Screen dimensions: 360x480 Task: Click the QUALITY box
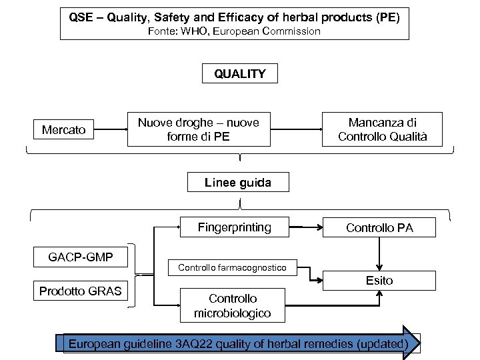[239, 74]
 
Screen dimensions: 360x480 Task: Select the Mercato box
[63, 130]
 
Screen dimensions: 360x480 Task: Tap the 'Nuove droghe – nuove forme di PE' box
[199, 129]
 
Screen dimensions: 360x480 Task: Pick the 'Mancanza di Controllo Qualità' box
[382, 129]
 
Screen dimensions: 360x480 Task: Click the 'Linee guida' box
[238, 182]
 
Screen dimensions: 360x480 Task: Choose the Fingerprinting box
[235, 227]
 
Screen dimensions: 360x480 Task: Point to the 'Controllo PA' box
[379, 228]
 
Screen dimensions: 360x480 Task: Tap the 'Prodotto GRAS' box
[80, 291]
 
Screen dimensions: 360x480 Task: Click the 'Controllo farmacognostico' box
[232, 268]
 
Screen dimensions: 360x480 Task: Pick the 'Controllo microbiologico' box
[232, 305]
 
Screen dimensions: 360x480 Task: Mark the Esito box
[379, 281]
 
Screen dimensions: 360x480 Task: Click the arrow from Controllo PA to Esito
[379, 253]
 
